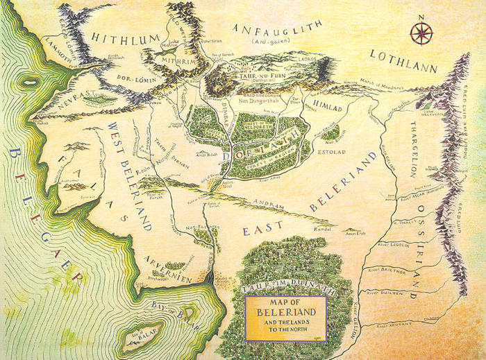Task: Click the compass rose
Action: pyautogui.click(x=421, y=33)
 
